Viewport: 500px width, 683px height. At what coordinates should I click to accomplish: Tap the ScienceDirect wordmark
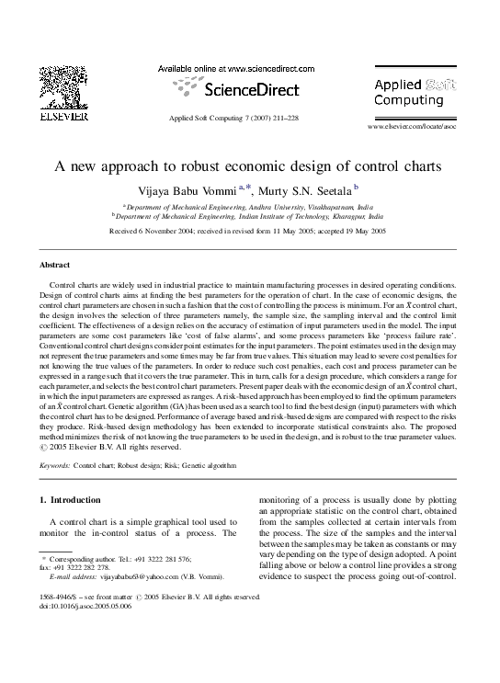tap(236, 89)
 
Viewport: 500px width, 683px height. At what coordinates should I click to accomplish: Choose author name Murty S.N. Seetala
tap(304, 190)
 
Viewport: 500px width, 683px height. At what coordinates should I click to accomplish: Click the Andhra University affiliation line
tap(248, 209)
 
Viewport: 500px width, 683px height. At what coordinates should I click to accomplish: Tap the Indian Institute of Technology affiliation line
tap(248, 219)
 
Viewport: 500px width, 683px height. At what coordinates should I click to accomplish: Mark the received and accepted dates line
tap(248, 233)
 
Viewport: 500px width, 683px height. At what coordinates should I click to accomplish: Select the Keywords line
tap(138, 466)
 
